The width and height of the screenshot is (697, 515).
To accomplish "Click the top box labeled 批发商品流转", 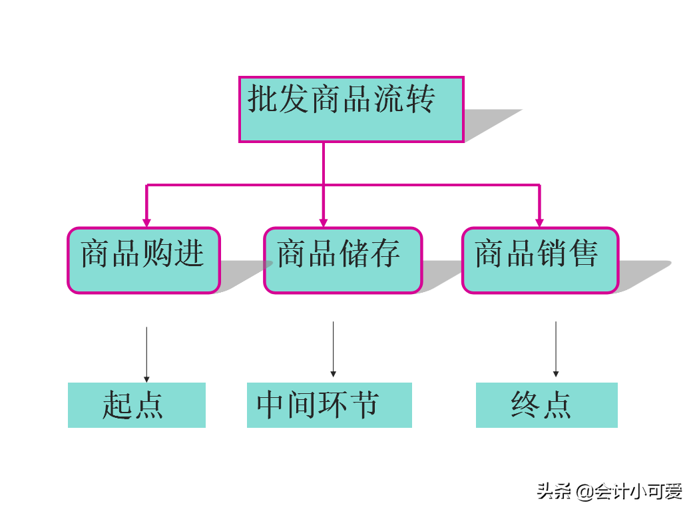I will tap(351, 109).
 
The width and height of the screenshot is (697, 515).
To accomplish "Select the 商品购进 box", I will tap(143, 260).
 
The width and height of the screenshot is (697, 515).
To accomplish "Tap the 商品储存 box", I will tap(342, 260).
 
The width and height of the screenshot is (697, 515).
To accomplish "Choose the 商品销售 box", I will tap(540, 260).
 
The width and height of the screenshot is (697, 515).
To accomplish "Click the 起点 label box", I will tap(136, 405).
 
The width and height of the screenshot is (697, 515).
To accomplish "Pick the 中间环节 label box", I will tap(329, 405).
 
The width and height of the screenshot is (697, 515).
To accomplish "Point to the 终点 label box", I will tap(547, 405).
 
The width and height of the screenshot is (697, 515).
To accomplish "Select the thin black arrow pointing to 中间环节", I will tap(333, 349).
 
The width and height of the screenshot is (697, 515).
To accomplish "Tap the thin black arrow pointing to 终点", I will tap(556, 349).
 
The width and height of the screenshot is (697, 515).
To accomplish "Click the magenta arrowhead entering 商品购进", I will tap(146, 222).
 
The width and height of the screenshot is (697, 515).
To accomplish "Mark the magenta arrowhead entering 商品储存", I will tap(324, 222).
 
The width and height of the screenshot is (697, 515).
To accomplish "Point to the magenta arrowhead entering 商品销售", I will tap(539, 222).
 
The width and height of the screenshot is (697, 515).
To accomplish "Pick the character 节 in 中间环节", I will tap(364, 405).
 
